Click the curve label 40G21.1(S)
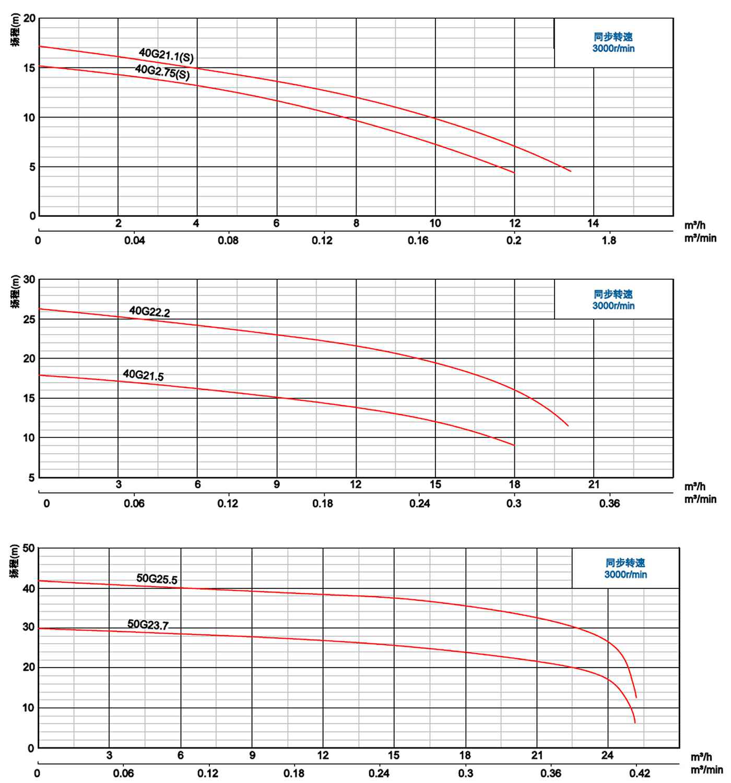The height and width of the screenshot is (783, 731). [x=166, y=55]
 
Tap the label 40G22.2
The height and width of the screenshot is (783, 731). [x=149, y=312]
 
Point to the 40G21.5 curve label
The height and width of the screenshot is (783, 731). [x=143, y=375]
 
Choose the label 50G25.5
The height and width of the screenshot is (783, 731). [x=157, y=579]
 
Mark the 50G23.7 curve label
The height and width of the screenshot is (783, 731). [x=148, y=624]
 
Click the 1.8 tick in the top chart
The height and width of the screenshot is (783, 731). [x=609, y=241]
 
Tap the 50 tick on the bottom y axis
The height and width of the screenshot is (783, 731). [x=28, y=548]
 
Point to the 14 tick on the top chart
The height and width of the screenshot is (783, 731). [x=593, y=223]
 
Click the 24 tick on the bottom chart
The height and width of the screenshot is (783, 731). [x=607, y=755]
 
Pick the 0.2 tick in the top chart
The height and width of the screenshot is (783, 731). [x=514, y=241]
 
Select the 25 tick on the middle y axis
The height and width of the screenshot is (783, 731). [x=29, y=319]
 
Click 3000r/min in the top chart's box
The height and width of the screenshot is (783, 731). [x=614, y=49]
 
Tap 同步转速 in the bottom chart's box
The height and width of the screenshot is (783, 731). [x=625, y=563]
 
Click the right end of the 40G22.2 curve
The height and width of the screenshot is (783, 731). [x=568, y=426]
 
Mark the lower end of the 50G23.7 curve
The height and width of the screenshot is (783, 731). [x=635, y=723]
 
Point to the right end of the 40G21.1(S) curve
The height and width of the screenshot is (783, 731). [x=571, y=171]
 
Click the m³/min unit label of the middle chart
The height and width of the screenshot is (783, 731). [x=700, y=500]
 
